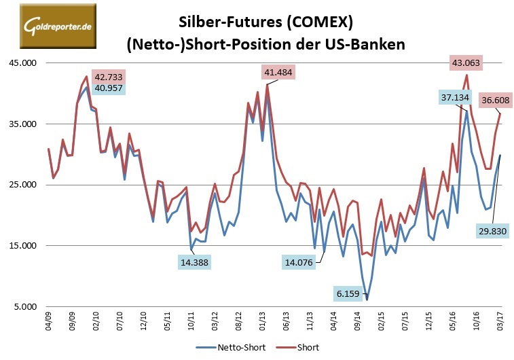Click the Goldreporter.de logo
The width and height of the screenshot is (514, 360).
[48, 26]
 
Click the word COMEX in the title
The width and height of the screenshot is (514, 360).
[317, 21]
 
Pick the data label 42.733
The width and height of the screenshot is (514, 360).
[109, 76]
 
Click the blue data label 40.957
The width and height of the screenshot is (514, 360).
[109, 88]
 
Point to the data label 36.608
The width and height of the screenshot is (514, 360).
[496, 100]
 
